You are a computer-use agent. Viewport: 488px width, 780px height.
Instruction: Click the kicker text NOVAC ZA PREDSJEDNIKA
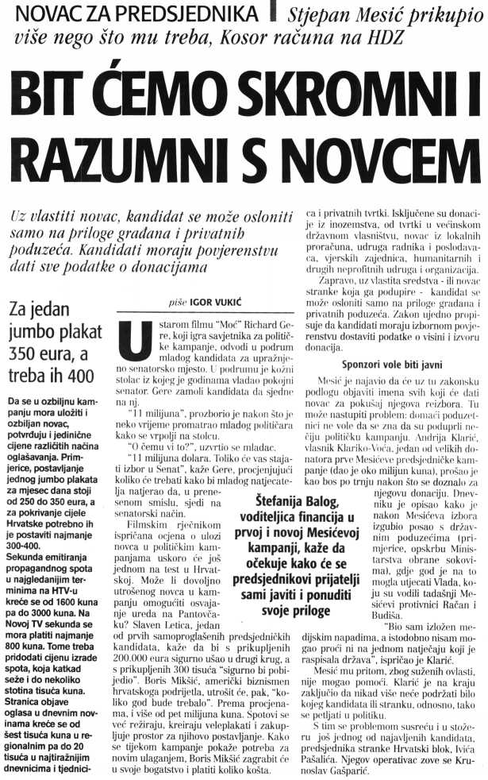click(133, 14)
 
